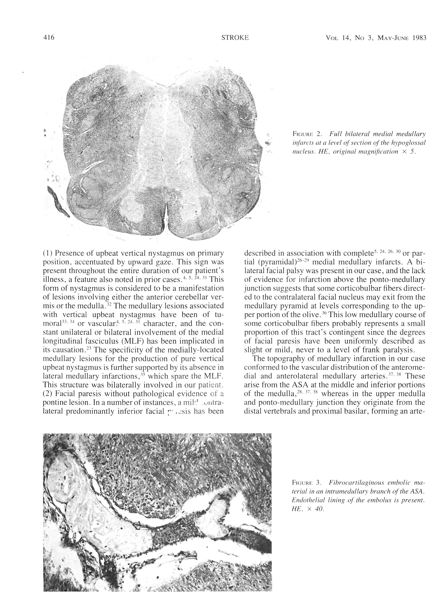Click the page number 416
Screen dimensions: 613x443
[49, 38]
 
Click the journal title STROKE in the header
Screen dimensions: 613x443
[235, 38]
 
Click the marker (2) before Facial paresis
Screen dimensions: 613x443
[48, 393]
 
